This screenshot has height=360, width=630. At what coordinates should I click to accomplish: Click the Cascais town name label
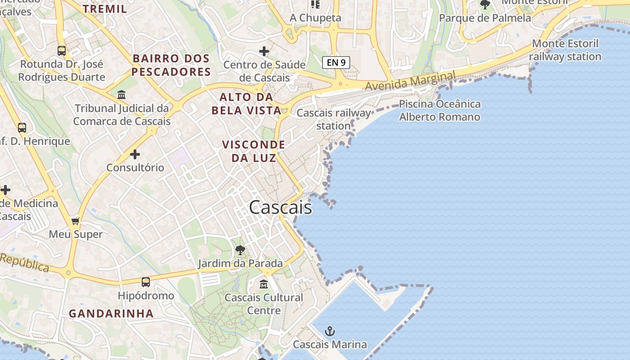[280, 207]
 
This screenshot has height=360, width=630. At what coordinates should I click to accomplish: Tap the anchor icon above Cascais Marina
[330, 332]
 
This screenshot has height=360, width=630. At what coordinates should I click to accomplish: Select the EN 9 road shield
[336, 62]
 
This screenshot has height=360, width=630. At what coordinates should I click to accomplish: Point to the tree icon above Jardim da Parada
[240, 250]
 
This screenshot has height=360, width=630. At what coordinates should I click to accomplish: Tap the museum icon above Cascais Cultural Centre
[264, 284]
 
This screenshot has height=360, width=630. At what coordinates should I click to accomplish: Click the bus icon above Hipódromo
[146, 282]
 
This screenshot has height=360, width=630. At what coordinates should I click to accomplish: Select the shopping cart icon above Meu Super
[76, 221]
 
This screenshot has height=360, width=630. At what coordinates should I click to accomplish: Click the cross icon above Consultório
[135, 154]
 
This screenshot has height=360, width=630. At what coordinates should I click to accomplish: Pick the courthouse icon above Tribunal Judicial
[121, 95]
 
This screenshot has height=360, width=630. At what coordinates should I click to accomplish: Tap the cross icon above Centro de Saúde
[264, 51]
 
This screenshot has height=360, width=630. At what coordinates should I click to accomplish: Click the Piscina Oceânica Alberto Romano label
[440, 111]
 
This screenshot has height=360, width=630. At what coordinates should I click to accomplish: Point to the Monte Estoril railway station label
[565, 50]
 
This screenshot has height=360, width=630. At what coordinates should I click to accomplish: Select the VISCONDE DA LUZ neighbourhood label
[254, 151]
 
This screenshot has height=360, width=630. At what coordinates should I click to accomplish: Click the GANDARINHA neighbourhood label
[111, 314]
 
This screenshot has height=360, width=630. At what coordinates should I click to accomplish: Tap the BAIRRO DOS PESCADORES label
[171, 65]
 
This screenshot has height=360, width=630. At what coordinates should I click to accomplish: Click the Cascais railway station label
[333, 119]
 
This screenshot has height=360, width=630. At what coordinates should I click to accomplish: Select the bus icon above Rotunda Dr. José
[62, 51]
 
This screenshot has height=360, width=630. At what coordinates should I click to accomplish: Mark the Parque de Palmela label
[485, 18]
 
